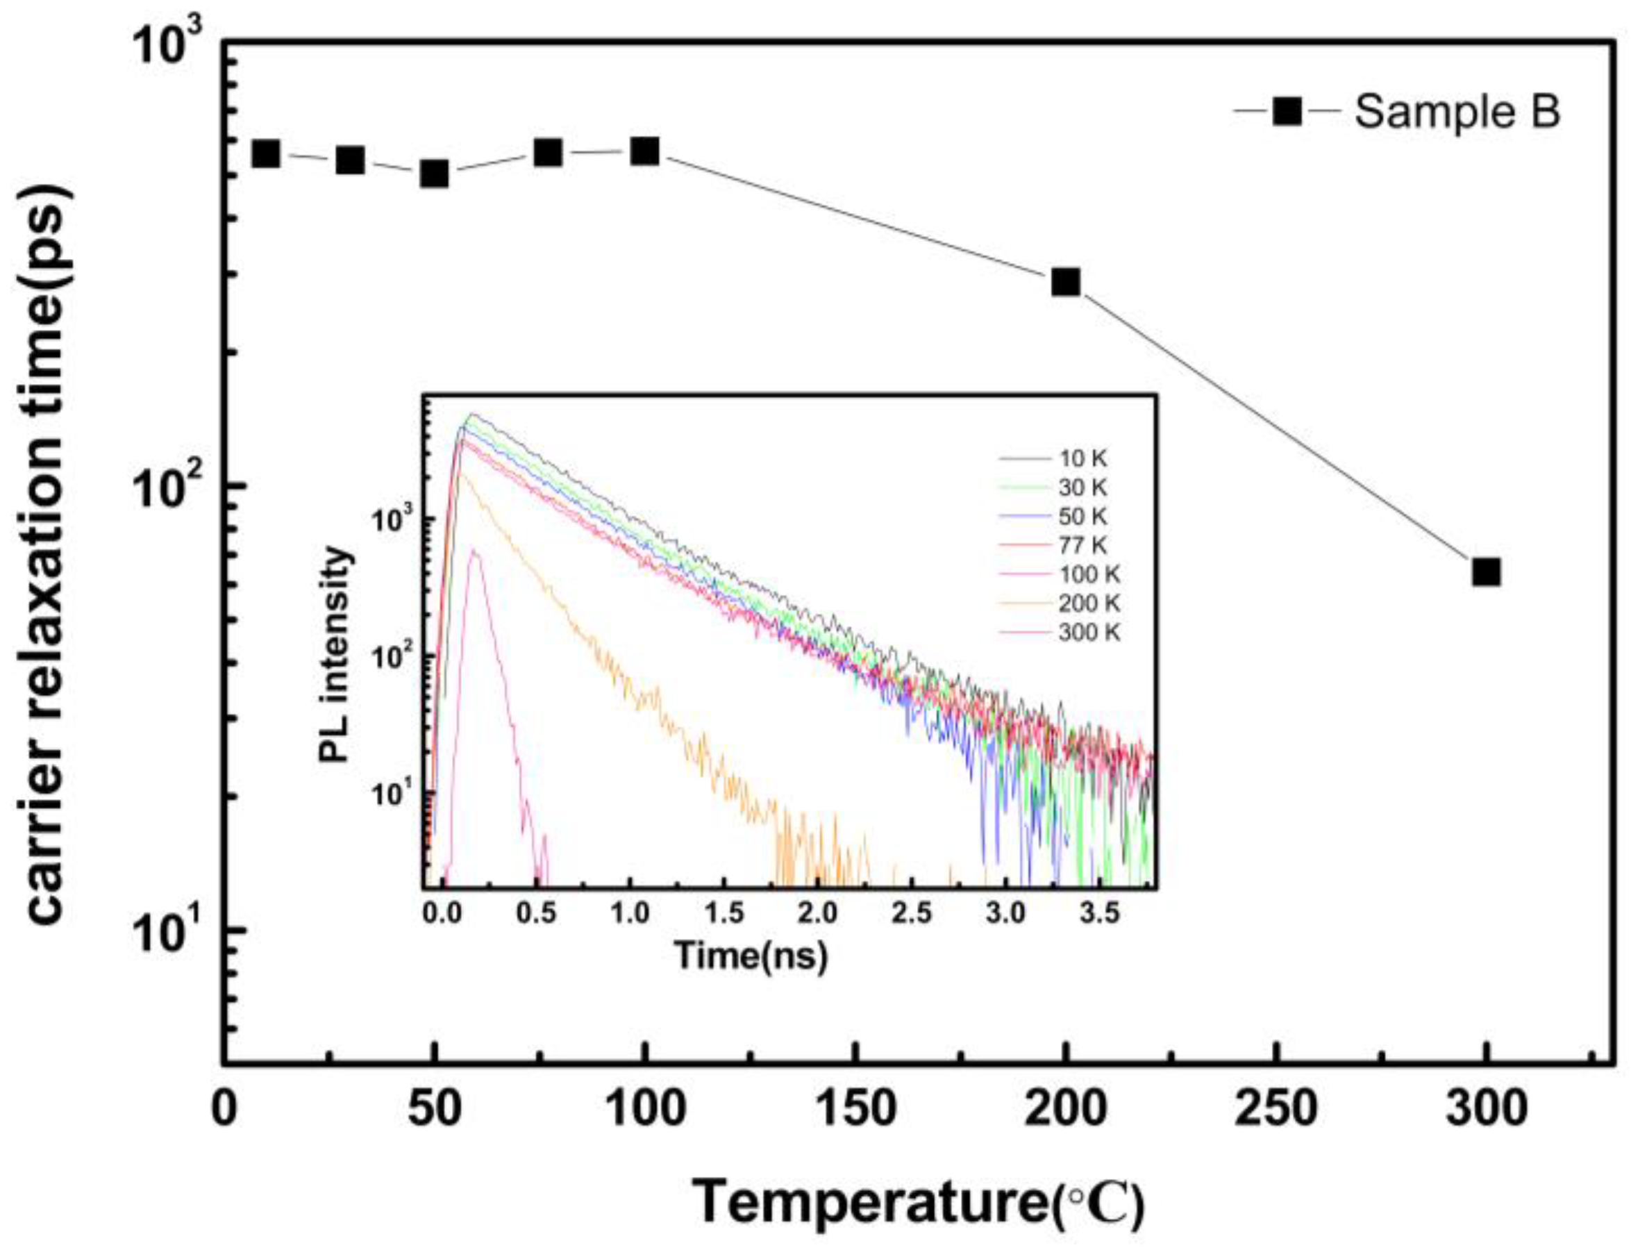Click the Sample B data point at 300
[1485, 572]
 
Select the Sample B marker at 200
[1065, 282]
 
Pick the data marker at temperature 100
[645, 152]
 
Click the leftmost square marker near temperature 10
[266, 154]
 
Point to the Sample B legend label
[1457, 112]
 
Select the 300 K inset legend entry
[1088, 633]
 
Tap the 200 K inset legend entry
[1088, 603]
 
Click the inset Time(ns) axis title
[751, 956]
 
